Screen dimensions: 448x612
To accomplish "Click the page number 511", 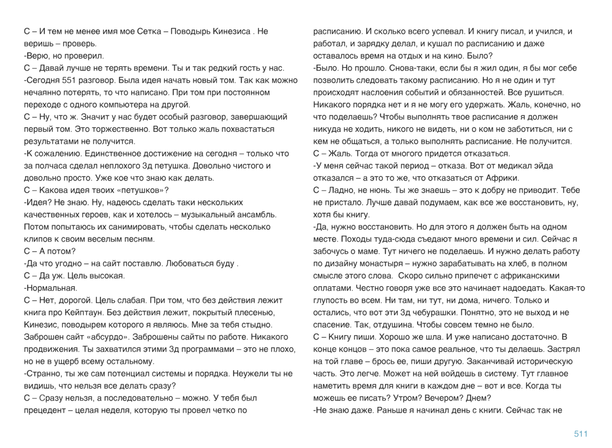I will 580,434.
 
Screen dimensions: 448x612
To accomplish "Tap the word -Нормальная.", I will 46,288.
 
